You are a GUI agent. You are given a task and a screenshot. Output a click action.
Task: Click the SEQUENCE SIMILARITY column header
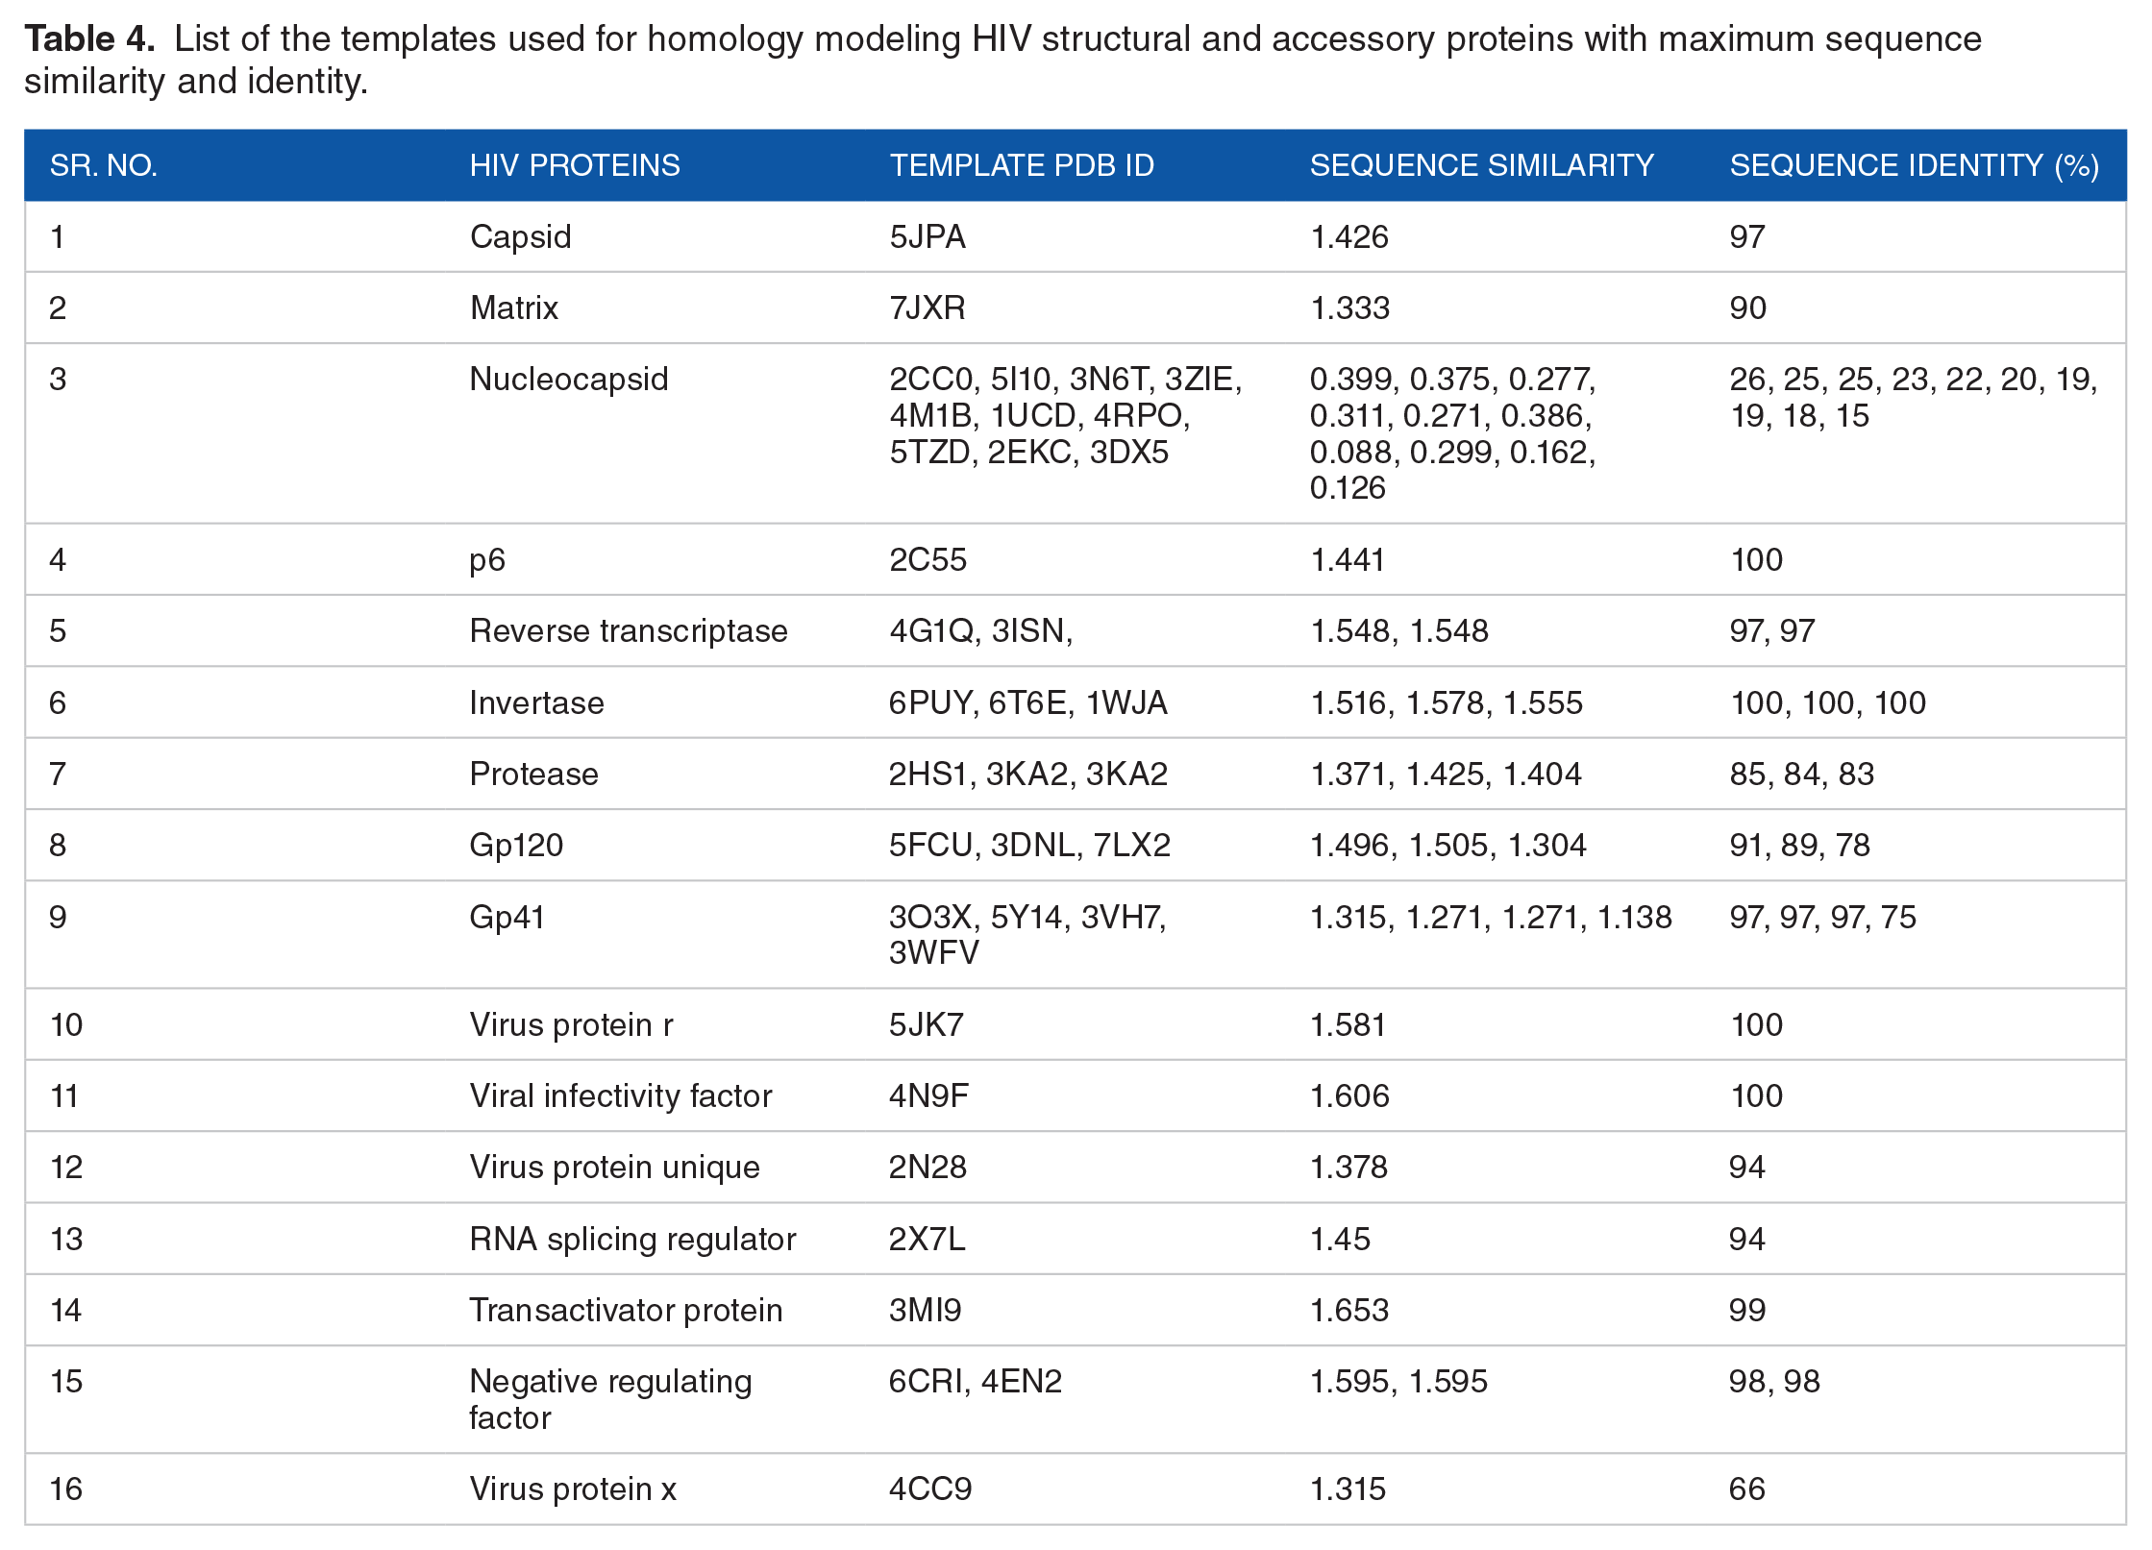(1481, 165)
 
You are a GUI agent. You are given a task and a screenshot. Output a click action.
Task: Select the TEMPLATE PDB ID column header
(1022, 165)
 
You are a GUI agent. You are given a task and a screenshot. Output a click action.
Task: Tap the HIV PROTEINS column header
(575, 165)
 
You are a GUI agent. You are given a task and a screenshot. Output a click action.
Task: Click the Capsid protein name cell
(520, 236)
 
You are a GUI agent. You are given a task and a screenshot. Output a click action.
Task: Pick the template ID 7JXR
(927, 308)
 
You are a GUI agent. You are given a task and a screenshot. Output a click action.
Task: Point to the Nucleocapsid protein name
(568, 380)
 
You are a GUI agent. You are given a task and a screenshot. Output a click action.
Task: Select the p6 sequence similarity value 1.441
(1348, 559)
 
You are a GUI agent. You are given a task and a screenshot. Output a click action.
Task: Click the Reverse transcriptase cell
(629, 630)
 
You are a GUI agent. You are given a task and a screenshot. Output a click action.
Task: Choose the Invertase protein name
(536, 702)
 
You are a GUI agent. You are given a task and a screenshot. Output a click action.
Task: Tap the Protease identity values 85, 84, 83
(1801, 774)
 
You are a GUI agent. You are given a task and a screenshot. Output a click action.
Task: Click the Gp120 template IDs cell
(1029, 845)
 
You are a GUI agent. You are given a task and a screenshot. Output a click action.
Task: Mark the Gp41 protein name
(507, 917)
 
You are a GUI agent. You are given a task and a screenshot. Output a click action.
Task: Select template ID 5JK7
(926, 1024)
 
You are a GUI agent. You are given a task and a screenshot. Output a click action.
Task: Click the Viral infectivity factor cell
(621, 1095)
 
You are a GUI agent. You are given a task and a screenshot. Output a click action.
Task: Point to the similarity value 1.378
(1348, 1167)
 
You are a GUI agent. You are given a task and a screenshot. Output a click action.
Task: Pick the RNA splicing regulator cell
(632, 1239)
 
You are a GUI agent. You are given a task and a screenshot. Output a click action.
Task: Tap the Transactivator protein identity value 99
(1747, 1310)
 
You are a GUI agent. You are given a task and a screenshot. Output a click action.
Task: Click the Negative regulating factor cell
(610, 1399)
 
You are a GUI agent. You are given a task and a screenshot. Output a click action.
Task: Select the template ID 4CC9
(930, 1488)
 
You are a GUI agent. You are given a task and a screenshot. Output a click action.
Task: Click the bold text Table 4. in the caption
(89, 38)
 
